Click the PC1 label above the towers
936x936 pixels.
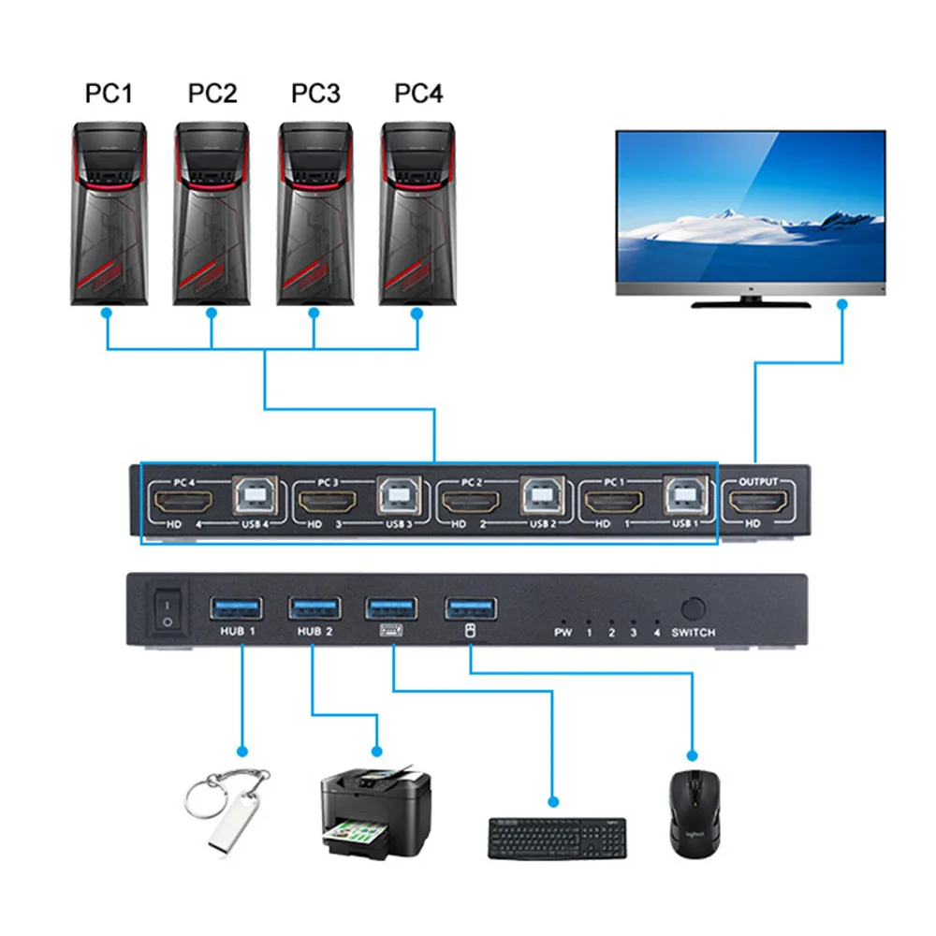coord(110,95)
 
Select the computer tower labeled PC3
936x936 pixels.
coord(314,214)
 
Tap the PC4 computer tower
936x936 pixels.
coord(417,214)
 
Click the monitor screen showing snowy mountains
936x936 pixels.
coord(750,206)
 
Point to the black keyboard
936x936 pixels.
coord(557,838)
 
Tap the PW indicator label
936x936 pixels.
coord(563,633)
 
